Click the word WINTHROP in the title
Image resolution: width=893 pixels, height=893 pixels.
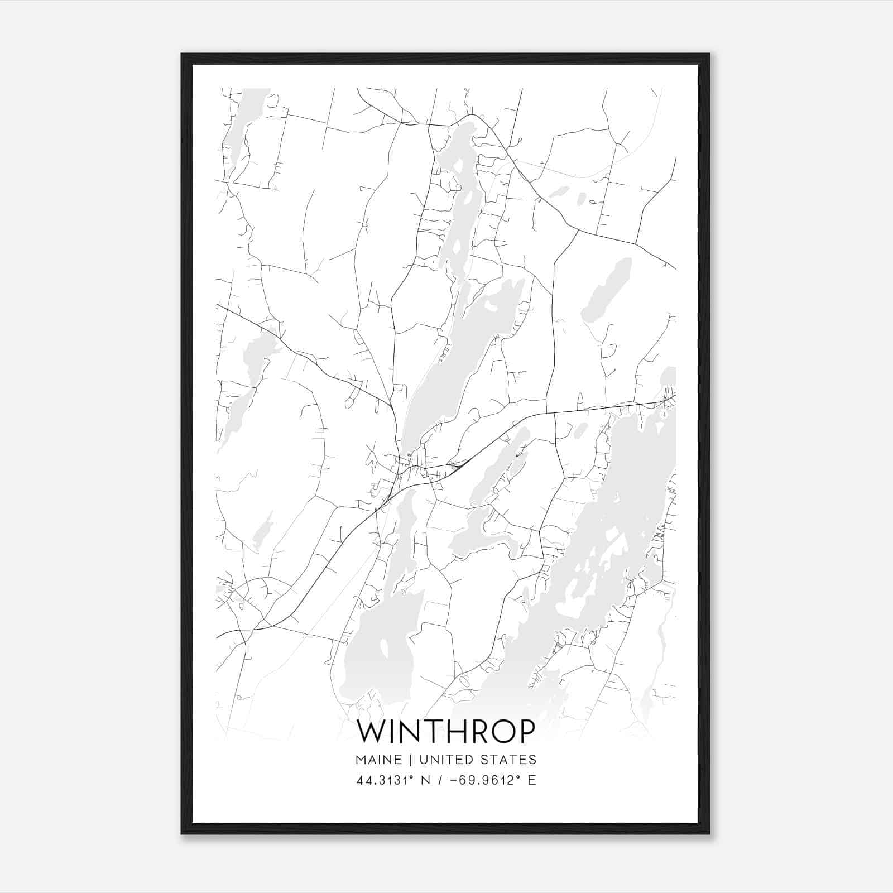pyautogui.click(x=445, y=732)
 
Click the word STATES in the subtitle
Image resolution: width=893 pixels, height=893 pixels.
pyautogui.click(x=508, y=760)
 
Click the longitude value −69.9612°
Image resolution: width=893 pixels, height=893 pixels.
pyautogui.click(x=478, y=780)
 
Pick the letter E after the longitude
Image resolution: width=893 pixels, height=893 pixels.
pyautogui.click(x=532, y=780)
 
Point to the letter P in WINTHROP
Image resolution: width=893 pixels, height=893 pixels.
pyautogui.click(x=526, y=732)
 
